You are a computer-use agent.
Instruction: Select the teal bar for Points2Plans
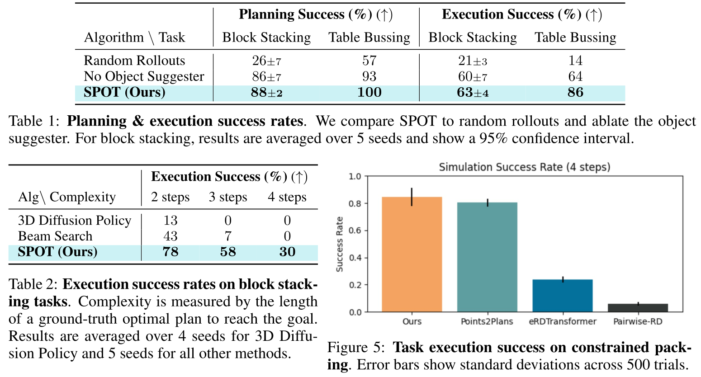click(487, 257)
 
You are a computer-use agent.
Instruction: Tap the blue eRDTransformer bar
click(562, 296)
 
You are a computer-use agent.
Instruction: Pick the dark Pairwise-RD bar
click(638, 308)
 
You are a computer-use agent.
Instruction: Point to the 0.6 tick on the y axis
click(355, 231)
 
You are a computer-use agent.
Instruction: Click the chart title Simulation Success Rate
click(524, 167)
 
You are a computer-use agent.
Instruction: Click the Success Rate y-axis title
click(340, 244)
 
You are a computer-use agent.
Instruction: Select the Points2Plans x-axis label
click(487, 321)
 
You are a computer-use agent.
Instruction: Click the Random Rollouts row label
click(134, 61)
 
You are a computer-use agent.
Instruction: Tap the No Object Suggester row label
click(144, 76)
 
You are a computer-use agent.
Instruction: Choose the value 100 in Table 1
click(369, 92)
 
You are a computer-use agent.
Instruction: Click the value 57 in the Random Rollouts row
click(369, 61)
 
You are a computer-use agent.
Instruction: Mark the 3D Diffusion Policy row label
click(75, 220)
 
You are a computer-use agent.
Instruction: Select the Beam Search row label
click(55, 236)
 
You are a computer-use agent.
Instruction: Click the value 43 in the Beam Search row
click(171, 236)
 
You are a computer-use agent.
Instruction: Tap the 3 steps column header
click(228, 197)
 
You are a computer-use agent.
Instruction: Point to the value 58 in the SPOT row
click(228, 252)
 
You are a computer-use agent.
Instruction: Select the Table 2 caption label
click(33, 284)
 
